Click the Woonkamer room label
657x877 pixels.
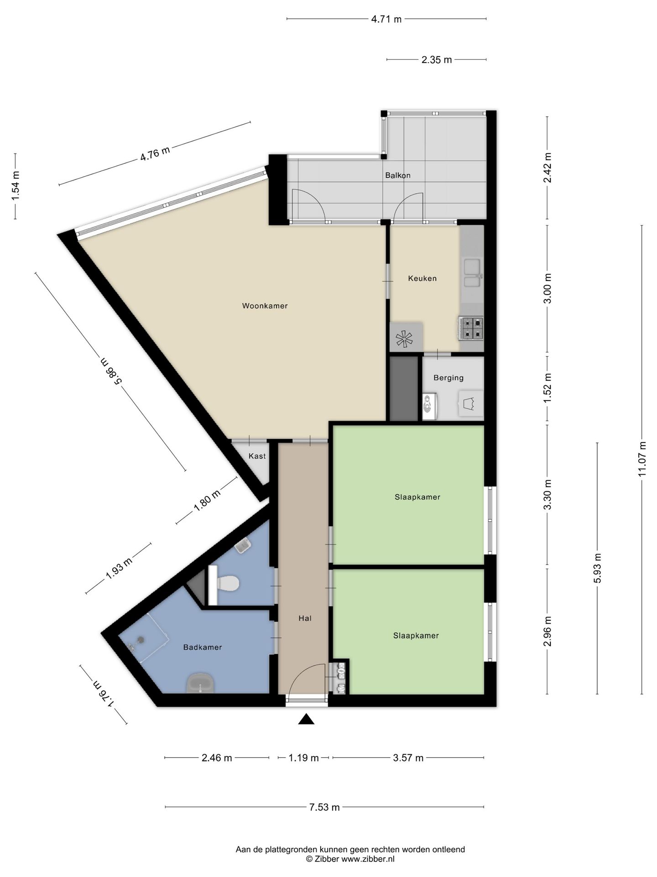265,306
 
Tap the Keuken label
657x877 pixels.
422,278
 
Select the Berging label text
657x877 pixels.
448,378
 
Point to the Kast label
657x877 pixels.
257,456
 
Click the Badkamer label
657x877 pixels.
203,647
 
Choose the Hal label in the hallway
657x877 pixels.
305,618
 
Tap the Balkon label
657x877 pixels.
398,175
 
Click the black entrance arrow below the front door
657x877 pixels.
307,719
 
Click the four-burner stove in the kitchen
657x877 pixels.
471,328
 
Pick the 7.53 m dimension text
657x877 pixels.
324,807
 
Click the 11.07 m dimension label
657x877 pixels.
642,459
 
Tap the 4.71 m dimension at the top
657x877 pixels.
386,19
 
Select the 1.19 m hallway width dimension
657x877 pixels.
303,758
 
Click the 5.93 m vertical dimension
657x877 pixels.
598,568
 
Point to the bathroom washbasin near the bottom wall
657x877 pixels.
200,683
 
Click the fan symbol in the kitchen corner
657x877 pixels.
404,338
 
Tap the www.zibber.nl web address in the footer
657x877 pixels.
368,859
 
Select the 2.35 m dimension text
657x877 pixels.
437,60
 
